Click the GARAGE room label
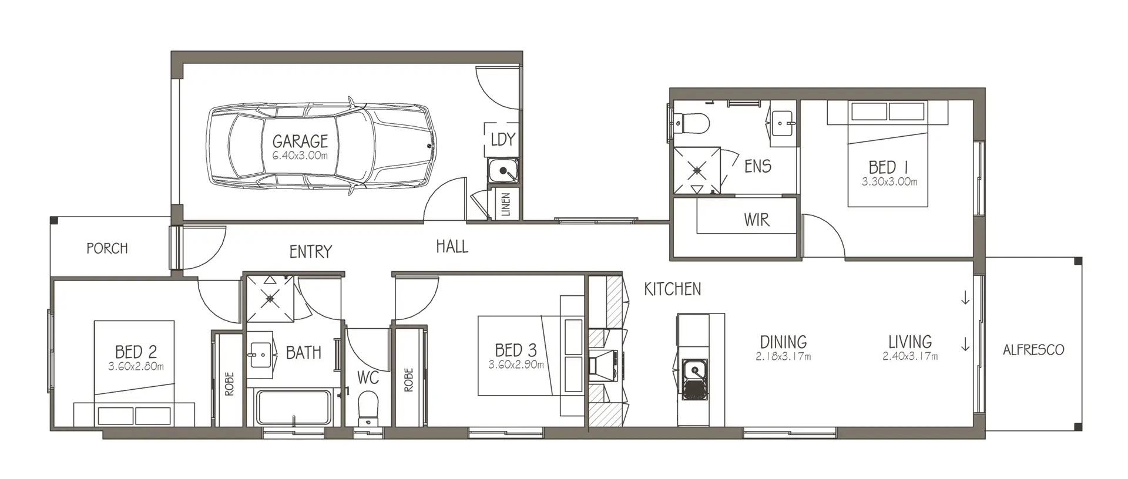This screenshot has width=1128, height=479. [300, 141]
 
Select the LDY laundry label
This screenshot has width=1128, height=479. [503, 139]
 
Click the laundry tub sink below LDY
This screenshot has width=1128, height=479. [503, 171]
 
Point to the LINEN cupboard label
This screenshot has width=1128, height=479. [506, 205]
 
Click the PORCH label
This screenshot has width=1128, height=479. [107, 248]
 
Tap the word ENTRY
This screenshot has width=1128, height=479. [311, 252]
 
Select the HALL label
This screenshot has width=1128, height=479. [452, 247]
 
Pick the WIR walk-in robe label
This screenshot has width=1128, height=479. [756, 220]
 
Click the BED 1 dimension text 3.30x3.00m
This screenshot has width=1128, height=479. [889, 182]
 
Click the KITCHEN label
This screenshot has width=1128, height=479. [673, 289]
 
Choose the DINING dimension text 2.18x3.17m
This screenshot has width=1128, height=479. [784, 356]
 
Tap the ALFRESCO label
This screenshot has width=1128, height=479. [1033, 350]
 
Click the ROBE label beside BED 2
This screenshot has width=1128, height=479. [229, 383]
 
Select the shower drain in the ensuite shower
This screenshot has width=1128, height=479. [697, 170]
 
